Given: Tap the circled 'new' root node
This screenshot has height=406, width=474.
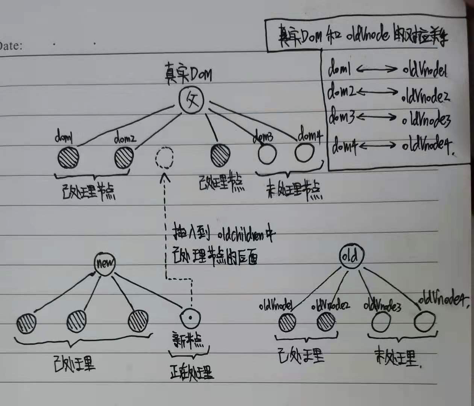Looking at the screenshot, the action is (x=104, y=263).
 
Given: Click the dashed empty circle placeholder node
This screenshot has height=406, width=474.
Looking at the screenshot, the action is (x=164, y=158).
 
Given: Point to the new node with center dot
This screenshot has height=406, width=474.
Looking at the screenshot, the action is (x=190, y=318).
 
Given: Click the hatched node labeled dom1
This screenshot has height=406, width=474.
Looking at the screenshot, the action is (x=68, y=157).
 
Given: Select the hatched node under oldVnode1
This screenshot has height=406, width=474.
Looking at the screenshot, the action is (x=288, y=322).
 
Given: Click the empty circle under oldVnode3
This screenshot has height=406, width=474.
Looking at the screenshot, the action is (x=381, y=322).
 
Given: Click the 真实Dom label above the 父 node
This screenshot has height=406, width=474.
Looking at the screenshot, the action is (x=188, y=74).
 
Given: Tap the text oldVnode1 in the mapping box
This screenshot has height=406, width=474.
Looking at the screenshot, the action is (x=425, y=70).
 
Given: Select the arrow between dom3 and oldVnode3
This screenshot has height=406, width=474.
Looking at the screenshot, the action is (x=377, y=118).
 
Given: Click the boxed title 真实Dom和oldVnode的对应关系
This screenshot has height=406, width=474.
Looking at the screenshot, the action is (x=363, y=36).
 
